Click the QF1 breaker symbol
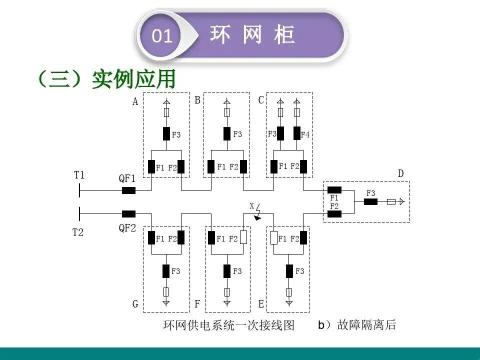[128, 190]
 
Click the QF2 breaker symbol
[128, 214]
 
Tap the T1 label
[79, 175]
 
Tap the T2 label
[78, 232]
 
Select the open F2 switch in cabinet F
[243, 237]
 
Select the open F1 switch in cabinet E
[274, 237]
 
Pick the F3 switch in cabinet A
[166, 134]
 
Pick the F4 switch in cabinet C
[296, 133]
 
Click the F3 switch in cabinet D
[370, 201]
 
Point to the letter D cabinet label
[400, 173]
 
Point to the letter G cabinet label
[135, 304]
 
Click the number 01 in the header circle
[161, 36]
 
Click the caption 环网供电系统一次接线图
[229, 325]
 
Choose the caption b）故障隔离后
[357, 325]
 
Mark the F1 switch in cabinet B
[211, 166]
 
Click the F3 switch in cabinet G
[166, 271]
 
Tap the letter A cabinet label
[135, 102]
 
